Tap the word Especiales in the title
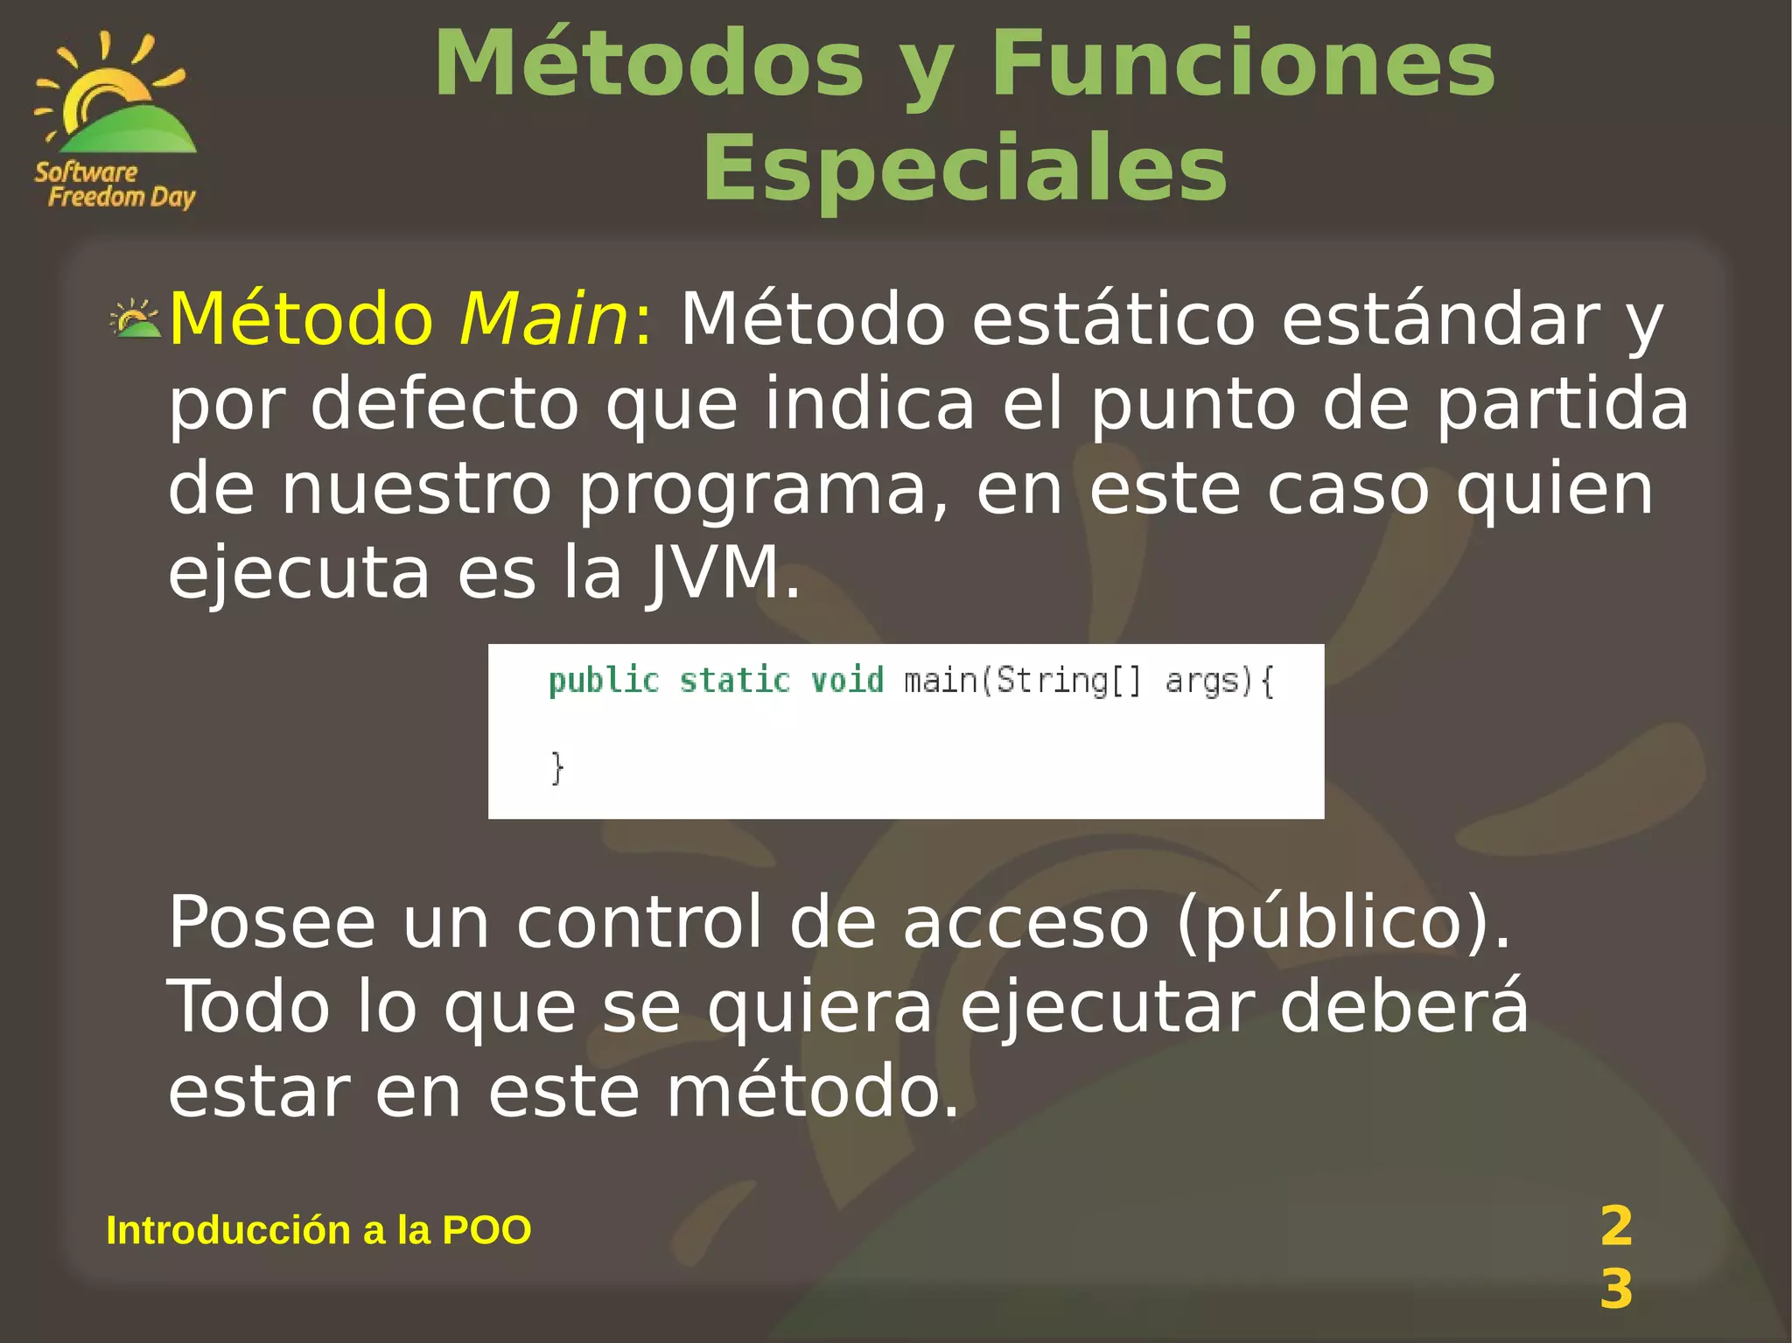pos(964,168)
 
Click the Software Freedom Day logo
pos(115,121)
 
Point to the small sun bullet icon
pos(135,319)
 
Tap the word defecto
pos(444,403)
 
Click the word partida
pos(1562,403)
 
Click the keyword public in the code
pos(604,681)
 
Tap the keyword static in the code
pos(735,681)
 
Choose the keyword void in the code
pos(847,681)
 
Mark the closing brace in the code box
pos(557,767)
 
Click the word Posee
pos(271,922)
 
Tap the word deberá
pos(1403,1006)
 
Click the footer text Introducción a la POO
pos(318,1230)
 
